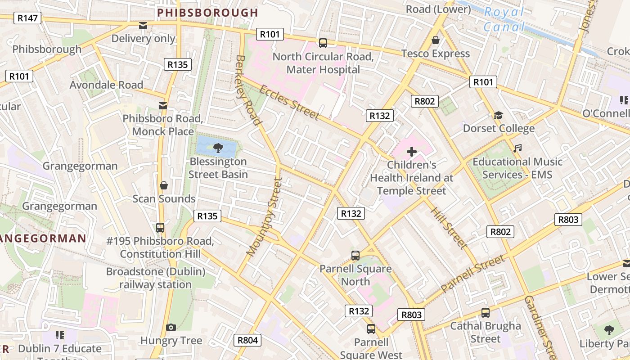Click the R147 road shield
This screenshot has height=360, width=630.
[x=27, y=18]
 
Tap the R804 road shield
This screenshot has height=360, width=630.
[x=247, y=340]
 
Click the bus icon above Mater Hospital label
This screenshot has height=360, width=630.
[x=323, y=43]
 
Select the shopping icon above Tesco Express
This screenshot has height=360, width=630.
[x=435, y=40]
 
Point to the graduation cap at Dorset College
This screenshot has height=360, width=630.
[x=498, y=116]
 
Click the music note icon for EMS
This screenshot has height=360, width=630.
[x=517, y=148]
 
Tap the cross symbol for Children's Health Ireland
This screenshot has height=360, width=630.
[x=411, y=152]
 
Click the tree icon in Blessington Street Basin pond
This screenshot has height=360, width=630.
[x=218, y=147]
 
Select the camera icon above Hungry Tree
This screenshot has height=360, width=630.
[x=171, y=327]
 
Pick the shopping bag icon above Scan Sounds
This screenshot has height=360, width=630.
[x=164, y=185]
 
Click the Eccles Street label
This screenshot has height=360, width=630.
[x=289, y=103]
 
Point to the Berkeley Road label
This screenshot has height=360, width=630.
[x=248, y=90]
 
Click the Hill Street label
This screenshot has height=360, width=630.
[x=449, y=228]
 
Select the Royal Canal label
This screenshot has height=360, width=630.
[x=504, y=19]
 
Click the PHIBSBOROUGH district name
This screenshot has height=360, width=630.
[x=207, y=13]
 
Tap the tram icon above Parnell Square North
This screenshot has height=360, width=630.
[x=355, y=256]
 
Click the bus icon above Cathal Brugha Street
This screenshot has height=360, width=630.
[x=485, y=312]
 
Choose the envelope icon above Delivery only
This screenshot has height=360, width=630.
[x=143, y=26]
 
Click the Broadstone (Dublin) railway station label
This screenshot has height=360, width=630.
[x=156, y=278]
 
